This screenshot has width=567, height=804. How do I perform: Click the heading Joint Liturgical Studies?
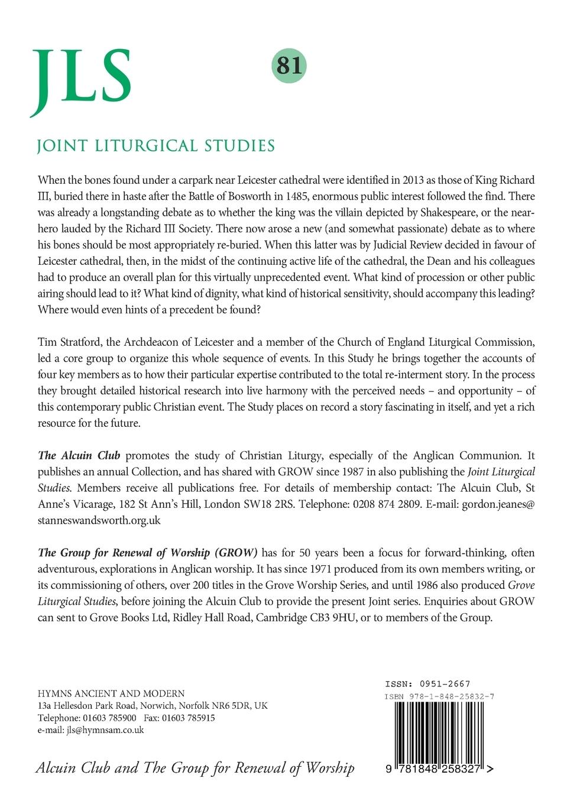pos(155,145)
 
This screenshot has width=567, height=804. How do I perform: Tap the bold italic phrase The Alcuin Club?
pos(79,455)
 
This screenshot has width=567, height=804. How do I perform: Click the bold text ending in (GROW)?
pos(148,553)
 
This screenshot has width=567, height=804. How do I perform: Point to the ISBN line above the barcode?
pos(439,696)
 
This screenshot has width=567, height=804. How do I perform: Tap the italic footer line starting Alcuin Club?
pos(195,768)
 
